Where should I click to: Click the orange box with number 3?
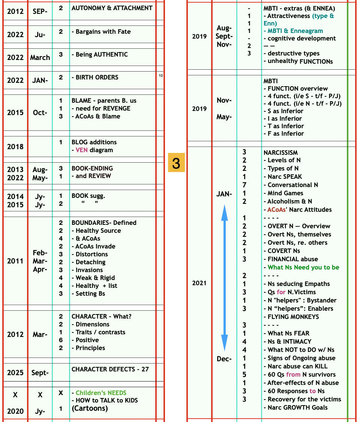[x=176, y=163]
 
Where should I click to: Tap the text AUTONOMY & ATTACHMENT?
[x=112, y=8]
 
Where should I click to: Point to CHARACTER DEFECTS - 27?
[x=110, y=369]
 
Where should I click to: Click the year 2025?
[x=15, y=373]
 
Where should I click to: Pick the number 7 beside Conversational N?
[x=244, y=185]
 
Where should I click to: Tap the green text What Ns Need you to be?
[x=303, y=267]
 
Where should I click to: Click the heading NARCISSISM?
[x=280, y=153]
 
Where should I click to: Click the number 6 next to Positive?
[x=61, y=340]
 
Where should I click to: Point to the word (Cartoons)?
[x=90, y=409]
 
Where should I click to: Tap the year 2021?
[x=199, y=283]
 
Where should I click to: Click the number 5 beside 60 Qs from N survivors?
[x=244, y=374]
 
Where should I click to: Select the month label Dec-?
[x=224, y=359]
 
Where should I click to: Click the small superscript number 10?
[x=161, y=76]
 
